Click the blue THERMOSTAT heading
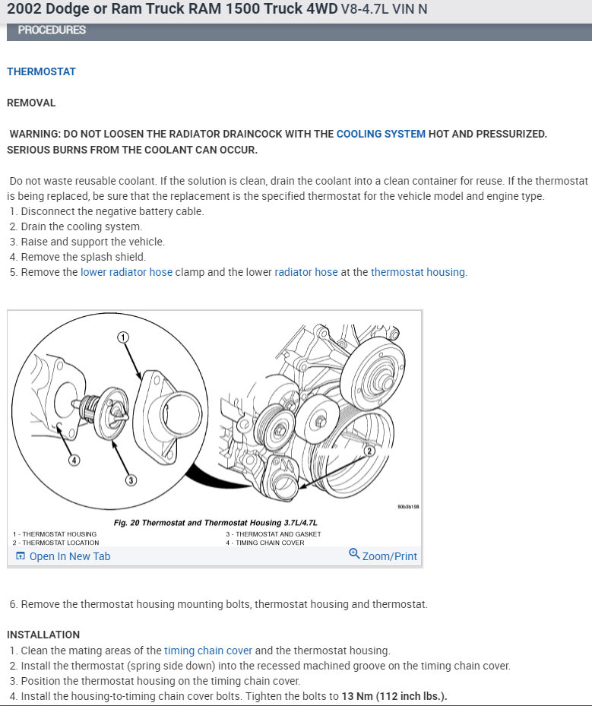tap(41, 71)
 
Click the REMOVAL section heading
tap(31, 103)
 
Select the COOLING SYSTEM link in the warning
tap(381, 134)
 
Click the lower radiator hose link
tap(126, 272)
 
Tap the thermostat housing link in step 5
tap(418, 272)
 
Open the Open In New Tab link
tap(69, 556)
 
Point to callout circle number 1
tap(123, 337)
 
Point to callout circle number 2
tap(370, 451)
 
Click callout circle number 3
tap(131, 480)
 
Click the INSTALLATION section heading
tap(43, 635)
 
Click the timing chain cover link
tap(208, 651)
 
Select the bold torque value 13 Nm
tap(358, 697)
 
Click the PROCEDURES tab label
tap(52, 30)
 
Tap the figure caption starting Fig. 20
tap(215, 523)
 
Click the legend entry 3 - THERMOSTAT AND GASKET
tap(273, 534)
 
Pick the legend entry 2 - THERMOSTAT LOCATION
tap(55, 543)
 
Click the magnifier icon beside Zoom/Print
tap(354, 554)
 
